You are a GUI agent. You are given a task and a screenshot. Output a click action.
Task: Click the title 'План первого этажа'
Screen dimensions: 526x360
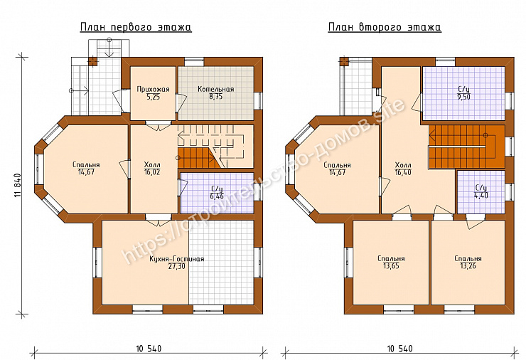click(x=136, y=27)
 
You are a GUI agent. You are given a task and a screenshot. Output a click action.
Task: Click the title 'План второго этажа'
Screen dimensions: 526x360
click(x=385, y=27)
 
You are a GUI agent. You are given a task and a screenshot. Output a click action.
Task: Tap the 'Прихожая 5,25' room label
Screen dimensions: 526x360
click(x=153, y=93)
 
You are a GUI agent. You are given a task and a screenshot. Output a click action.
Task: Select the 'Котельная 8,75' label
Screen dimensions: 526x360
click(x=215, y=93)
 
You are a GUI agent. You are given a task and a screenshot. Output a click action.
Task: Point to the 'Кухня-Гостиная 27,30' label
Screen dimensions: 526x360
click(x=176, y=263)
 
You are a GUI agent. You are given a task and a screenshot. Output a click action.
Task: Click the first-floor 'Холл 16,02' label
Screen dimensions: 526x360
click(x=152, y=169)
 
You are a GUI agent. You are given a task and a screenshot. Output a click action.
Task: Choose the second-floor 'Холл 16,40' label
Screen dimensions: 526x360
click(x=403, y=169)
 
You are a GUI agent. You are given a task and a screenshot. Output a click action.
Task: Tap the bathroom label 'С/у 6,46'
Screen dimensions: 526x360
click(x=217, y=192)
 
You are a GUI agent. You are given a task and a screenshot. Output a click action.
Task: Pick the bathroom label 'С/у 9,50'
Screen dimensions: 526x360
click(x=463, y=93)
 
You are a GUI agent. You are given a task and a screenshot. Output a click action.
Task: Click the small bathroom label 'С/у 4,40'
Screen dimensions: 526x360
click(x=481, y=192)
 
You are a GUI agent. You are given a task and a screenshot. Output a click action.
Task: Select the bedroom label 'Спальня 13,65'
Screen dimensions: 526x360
click(x=391, y=263)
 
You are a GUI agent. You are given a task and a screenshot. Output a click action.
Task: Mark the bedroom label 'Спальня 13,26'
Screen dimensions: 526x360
click(x=468, y=263)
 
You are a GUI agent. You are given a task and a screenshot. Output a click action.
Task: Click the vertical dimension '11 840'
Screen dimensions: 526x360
click(x=18, y=185)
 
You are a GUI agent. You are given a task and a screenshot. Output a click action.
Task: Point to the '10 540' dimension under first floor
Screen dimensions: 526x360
click(x=149, y=349)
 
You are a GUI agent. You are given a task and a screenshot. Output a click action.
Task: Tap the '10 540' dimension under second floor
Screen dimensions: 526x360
click(x=400, y=349)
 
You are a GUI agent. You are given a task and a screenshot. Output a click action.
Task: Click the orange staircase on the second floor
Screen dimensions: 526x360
click(x=467, y=147)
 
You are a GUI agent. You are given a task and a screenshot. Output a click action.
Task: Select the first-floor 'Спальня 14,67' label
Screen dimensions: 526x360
click(x=86, y=169)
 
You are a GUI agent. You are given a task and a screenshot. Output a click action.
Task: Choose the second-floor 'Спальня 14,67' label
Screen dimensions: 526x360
click(x=337, y=169)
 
